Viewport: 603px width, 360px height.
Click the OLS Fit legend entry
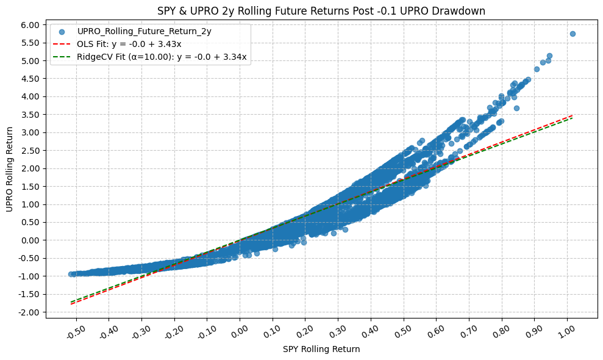coord(129,44)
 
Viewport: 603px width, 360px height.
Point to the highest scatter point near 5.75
coord(573,34)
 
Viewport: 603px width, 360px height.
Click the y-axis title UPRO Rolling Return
coord(10,170)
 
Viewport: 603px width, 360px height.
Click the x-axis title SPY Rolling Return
coord(321,350)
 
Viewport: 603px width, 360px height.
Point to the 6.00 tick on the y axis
coord(30,25)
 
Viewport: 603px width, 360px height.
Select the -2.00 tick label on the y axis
coord(29,312)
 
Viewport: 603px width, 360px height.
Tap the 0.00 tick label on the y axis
coord(30,240)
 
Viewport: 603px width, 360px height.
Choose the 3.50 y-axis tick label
coord(30,115)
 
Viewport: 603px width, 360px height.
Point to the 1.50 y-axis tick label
coord(30,187)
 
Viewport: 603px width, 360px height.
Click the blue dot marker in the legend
coord(62,31)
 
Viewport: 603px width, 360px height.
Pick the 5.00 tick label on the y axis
coord(30,61)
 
